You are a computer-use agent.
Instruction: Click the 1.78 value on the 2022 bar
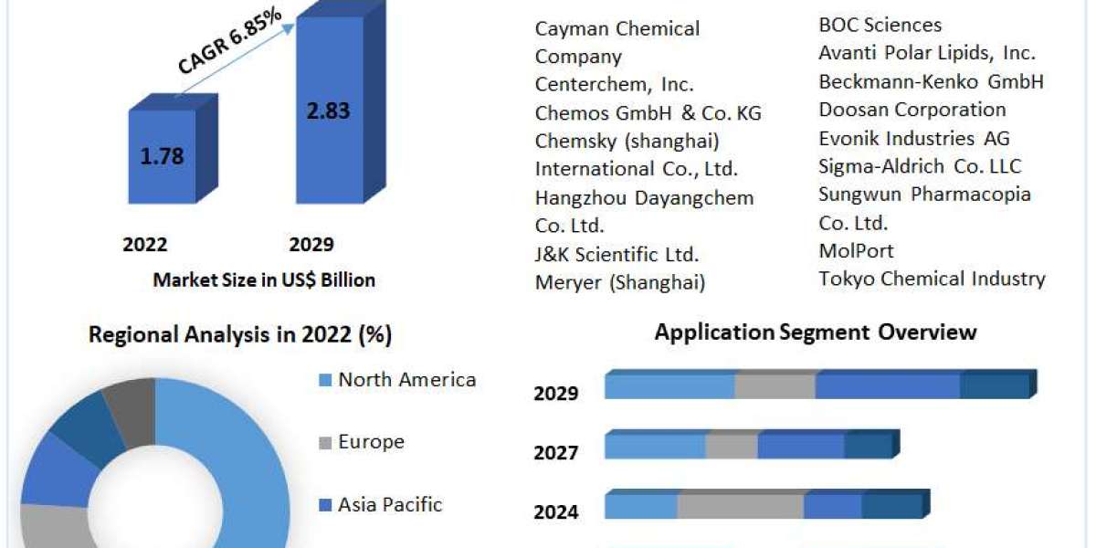point(162,156)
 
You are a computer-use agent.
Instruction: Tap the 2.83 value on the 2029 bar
point(328,111)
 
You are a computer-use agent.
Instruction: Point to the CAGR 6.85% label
point(230,41)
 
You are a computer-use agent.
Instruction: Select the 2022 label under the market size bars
point(145,244)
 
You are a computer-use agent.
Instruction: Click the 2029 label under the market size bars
point(311,244)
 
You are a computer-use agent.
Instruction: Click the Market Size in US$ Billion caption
point(264,280)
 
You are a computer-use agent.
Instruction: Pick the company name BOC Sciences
point(880,25)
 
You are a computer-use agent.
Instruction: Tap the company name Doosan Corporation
point(912,111)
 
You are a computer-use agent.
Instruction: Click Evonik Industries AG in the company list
point(914,139)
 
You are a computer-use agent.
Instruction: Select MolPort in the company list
point(857,251)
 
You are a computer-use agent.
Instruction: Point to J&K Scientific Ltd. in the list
point(617,255)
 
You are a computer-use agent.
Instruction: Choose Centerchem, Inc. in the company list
point(615,85)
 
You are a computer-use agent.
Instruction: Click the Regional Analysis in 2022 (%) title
point(240,334)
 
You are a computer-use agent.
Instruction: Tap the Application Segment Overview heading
point(816,332)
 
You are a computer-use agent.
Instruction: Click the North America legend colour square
point(325,380)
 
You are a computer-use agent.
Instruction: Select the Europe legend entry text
point(372,442)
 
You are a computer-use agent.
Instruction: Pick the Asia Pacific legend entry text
point(390,504)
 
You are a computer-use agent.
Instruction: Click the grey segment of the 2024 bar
point(741,504)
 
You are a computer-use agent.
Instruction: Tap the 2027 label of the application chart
point(556,453)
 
